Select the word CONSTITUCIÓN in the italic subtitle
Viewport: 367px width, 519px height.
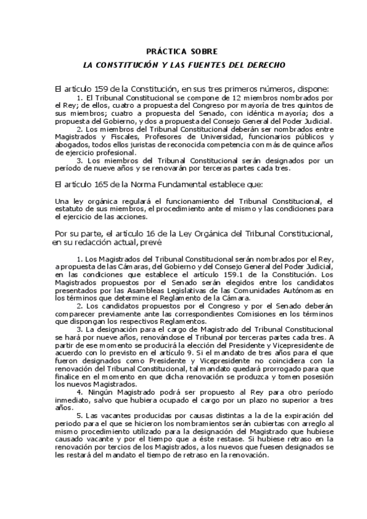[135, 64]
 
